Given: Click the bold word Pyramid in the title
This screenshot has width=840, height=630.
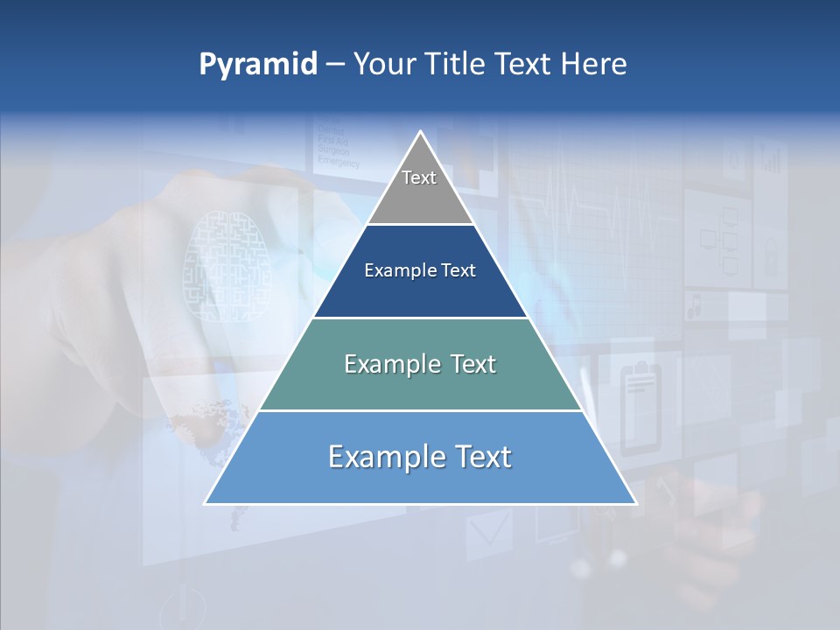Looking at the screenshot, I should click(x=258, y=65).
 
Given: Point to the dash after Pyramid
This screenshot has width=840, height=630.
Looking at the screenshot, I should click(x=335, y=66).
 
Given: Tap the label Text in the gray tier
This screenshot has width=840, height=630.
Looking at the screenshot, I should click(x=419, y=178).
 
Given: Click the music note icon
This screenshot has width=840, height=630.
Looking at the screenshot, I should click(x=696, y=307).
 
